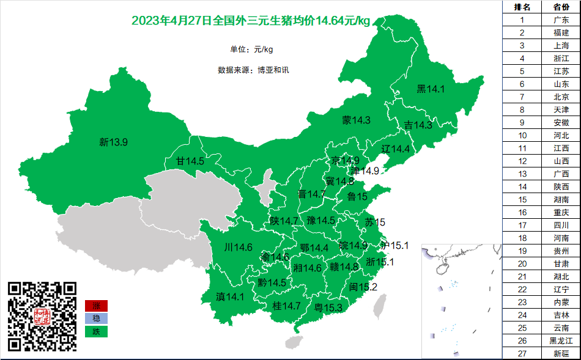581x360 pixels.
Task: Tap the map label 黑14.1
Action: [431, 89]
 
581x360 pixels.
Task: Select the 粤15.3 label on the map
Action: [328, 307]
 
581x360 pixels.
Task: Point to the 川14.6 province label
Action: [238, 248]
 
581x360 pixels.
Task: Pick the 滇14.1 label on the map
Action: [230, 297]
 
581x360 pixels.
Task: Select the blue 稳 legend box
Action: [96, 318]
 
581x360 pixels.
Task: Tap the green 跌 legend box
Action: [96, 331]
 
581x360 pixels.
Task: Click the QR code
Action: [42, 316]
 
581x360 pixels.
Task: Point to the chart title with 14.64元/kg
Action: [251, 21]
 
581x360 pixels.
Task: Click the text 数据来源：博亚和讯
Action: [253, 70]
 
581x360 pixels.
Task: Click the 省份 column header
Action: [561, 7]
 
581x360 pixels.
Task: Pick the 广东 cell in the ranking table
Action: [561, 20]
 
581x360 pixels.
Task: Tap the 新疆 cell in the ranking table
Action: [561, 353]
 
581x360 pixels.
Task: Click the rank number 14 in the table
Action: [522, 186]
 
